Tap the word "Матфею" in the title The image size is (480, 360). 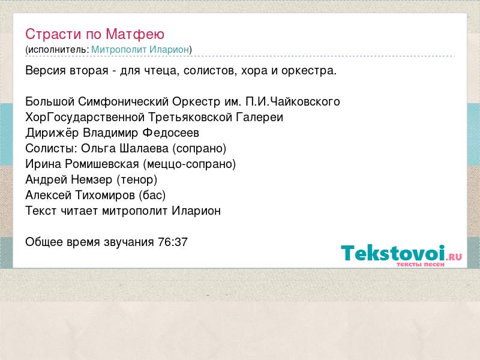point(135,35)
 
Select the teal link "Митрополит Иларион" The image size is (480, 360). point(140,49)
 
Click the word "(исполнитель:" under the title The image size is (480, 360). point(57,50)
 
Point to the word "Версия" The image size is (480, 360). point(46,70)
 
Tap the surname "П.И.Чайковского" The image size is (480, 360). point(293,101)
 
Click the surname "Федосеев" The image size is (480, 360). point(171,133)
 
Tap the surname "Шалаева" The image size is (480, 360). point(144,148)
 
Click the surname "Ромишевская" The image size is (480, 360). point(102,164)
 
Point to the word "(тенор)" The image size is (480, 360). point(137,179)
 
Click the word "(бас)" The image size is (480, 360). point(152,196)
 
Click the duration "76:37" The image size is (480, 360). point(173,242)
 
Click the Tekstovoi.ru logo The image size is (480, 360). point(401,255)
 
